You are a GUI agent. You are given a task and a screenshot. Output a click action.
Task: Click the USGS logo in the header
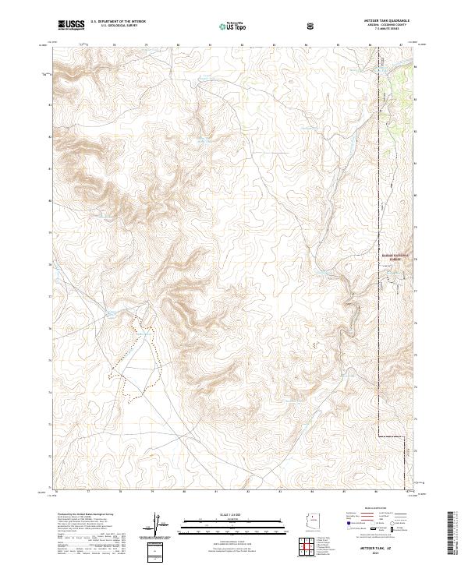[x=71, y=24]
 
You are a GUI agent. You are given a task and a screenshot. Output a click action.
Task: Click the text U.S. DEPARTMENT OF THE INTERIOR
[x=118, y=22]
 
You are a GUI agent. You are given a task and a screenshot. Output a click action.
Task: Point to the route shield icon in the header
[x=312, y=26]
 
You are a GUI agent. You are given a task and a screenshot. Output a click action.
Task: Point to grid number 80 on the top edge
[x=179, y=44]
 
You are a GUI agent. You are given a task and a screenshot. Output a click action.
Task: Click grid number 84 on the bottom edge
[x=311, y=492]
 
